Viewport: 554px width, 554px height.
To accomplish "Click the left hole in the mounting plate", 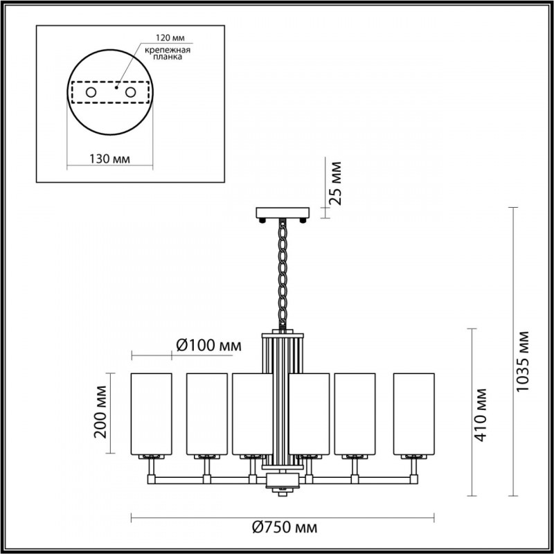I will (90, 92).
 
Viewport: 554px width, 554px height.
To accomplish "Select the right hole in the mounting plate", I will (130, 92).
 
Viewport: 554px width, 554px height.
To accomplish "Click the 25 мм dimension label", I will (335, 184).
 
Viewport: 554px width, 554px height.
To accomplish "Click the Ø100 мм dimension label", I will (208, 345).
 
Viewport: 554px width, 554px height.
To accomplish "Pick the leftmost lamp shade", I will (152, 413).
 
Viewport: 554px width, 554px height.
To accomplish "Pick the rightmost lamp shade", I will (414, 413).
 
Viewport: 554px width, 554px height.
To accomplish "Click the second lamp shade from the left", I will (206, 413).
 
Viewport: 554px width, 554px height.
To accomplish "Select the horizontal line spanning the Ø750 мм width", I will (208, 516).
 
